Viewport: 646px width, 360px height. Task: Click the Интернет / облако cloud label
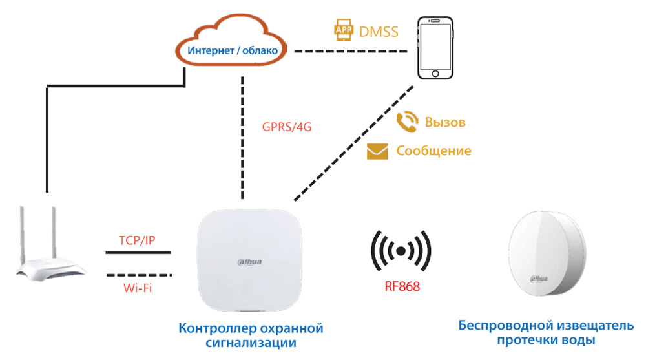pos(233,50)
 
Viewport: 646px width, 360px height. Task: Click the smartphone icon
pos(434,48)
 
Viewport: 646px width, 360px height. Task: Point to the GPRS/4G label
pos(287,127)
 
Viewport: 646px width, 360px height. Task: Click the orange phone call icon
pos(407,122)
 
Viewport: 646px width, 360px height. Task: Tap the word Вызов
pos(445,122)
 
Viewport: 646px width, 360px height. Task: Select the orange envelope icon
pos(377,151)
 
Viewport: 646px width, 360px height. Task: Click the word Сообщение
pos(433,151)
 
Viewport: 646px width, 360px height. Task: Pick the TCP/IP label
pos(136,240)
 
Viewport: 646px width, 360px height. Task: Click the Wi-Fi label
pos(137,288)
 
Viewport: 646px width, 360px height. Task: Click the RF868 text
pos(402,285)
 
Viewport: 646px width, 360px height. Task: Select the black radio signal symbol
pos(401,250)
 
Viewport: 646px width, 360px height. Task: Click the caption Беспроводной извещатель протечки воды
pos(541,333)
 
